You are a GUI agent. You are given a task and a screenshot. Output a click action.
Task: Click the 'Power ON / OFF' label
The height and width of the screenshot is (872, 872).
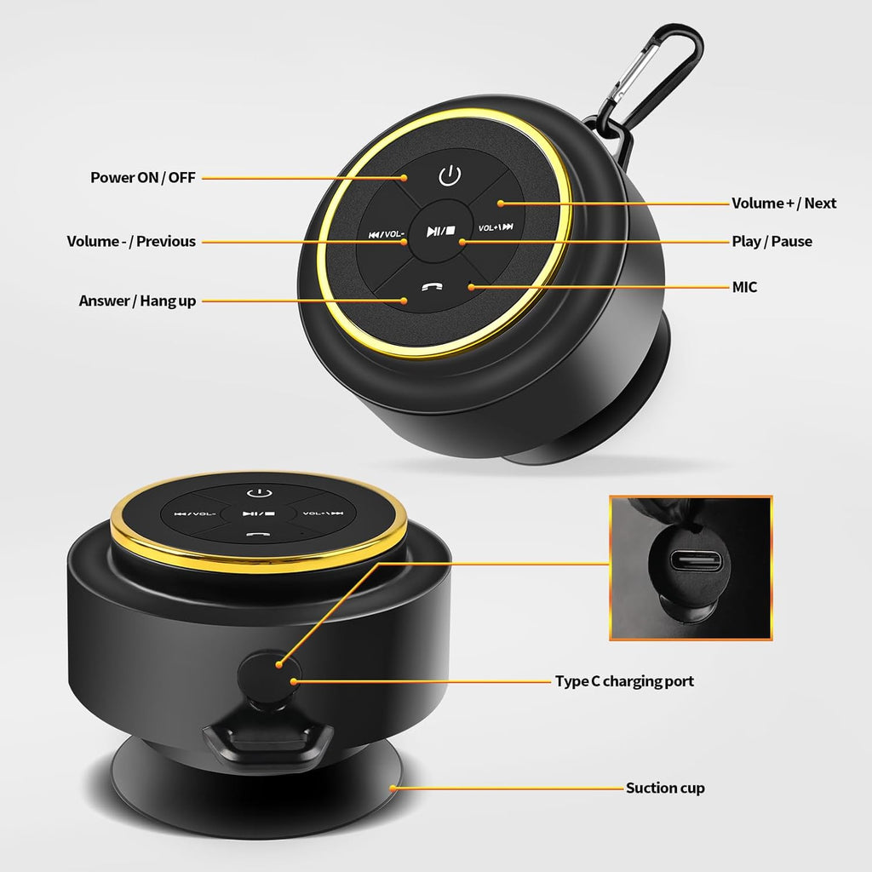(x=143, y=177)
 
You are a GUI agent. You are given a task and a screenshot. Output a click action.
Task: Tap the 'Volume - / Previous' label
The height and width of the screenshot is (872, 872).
(x=131, y=241)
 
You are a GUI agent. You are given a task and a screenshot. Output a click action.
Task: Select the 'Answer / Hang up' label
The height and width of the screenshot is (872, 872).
(x=137, y=301)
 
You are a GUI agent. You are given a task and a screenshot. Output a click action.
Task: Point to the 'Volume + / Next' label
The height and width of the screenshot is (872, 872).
(x=783, y=203)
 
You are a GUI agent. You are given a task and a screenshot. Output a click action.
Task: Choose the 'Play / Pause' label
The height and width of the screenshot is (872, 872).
(x=772, y=241)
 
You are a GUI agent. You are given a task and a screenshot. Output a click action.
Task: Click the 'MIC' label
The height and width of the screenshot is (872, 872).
(x=744, y=287)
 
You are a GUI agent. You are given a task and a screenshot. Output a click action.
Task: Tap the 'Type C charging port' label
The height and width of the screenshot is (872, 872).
(x=624, y=681)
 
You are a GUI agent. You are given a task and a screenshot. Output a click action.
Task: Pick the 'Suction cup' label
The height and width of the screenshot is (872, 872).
(x=665, y=788)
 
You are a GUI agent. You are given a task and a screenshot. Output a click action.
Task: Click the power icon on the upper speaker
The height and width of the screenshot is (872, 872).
(x=450, y=175)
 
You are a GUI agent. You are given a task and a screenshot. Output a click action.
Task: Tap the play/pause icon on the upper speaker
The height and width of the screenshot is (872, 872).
(x=441, y=231)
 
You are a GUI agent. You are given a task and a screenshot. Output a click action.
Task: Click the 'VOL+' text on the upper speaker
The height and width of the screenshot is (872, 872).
(x=488, y=228)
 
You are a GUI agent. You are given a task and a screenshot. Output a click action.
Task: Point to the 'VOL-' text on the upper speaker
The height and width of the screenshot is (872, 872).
(x=394, y=234)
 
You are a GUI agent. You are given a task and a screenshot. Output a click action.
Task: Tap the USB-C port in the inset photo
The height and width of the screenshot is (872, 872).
(x=695, y=560)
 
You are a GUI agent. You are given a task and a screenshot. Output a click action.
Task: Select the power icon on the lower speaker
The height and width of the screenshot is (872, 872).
(x=259, y=493)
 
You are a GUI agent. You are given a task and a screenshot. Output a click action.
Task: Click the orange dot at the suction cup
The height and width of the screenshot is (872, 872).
(x=393, y=788)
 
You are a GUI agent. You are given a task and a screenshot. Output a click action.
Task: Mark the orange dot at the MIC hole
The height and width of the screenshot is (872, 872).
(x=470, y=287)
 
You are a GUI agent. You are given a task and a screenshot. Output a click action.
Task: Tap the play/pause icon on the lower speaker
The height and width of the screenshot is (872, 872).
(x=259, y=513)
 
